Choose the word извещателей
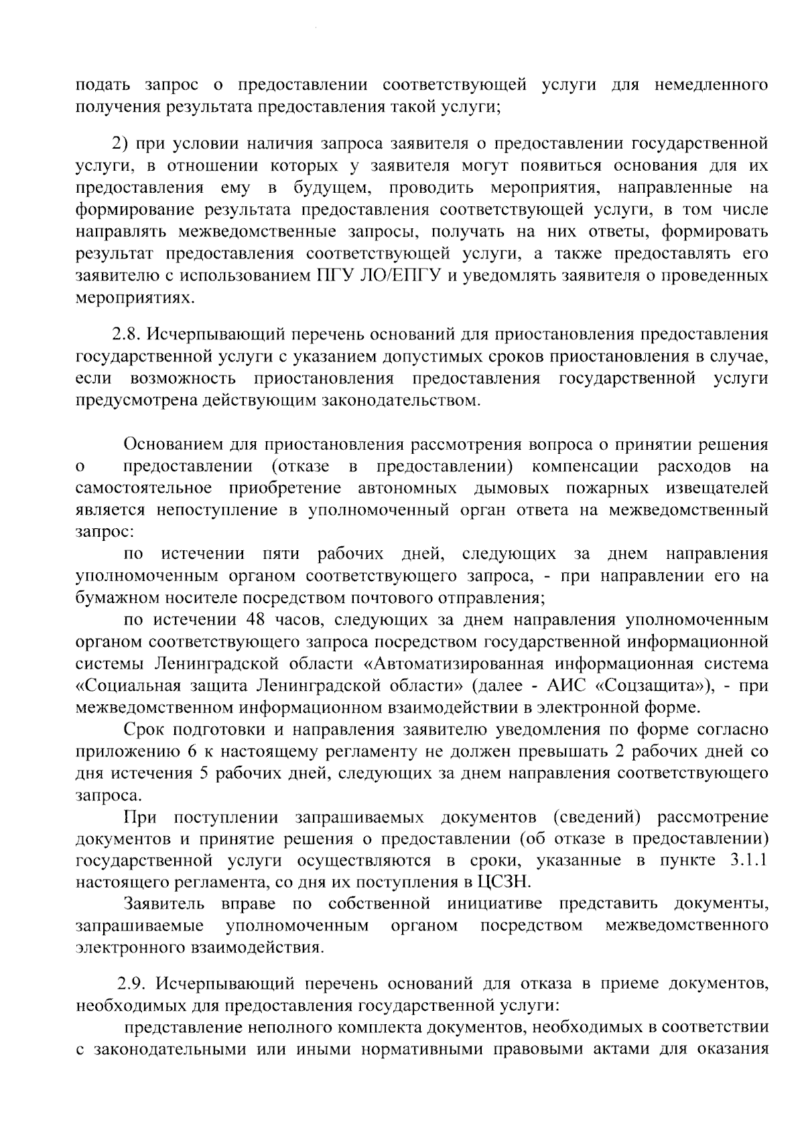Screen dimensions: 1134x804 click(714, 488)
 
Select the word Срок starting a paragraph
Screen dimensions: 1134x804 click(146, 729)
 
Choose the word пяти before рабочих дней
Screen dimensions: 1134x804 click(281, 554)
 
